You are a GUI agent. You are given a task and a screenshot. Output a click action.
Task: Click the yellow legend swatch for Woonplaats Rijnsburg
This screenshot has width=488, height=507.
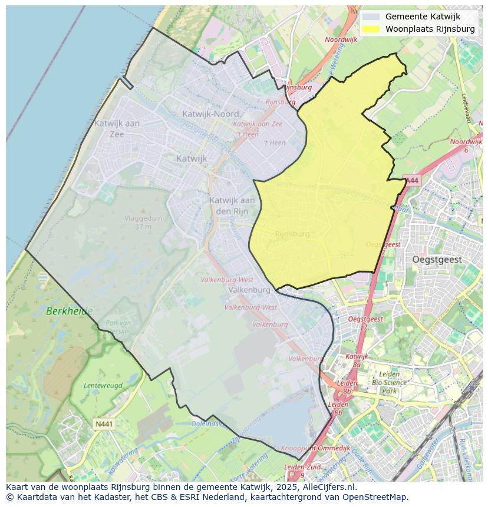point(371,29)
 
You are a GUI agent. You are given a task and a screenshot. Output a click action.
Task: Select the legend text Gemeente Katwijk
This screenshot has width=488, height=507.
point(423,16)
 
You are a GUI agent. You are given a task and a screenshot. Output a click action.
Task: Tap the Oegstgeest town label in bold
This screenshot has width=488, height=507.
point(437,260)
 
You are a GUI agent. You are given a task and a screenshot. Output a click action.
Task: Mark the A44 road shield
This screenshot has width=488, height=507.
point(412,180)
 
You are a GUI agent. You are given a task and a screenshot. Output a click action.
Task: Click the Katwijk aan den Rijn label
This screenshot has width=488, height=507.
point(232,205)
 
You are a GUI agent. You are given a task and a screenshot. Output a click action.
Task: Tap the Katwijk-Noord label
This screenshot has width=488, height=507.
point(210,114)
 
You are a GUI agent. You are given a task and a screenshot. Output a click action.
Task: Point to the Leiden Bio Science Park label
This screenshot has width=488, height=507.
point(390,382)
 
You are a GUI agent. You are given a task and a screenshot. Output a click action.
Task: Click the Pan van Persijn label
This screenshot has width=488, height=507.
point(118,326)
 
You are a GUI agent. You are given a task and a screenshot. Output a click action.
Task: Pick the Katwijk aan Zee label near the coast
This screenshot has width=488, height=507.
point(117,128)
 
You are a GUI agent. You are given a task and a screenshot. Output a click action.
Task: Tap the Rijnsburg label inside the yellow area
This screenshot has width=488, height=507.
point(292,234)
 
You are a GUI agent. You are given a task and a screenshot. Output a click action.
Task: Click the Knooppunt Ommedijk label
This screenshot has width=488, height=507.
point(307,448)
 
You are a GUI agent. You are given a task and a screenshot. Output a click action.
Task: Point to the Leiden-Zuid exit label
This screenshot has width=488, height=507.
point(302,467)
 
